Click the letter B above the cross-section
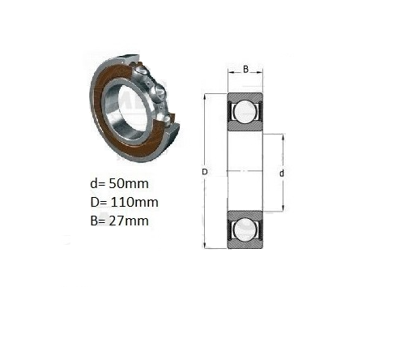coord(245,69)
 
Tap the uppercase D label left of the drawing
coord(205,172)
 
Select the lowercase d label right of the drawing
coord(282,174)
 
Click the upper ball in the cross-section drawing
coord(245,111)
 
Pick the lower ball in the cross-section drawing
coord(245,229)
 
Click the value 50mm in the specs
coord(129,183)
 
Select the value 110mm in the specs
coord(134,202)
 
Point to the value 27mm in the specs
coord(129,221)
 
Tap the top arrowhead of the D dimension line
coord(205,96)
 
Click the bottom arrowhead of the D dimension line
coord(205,246)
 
